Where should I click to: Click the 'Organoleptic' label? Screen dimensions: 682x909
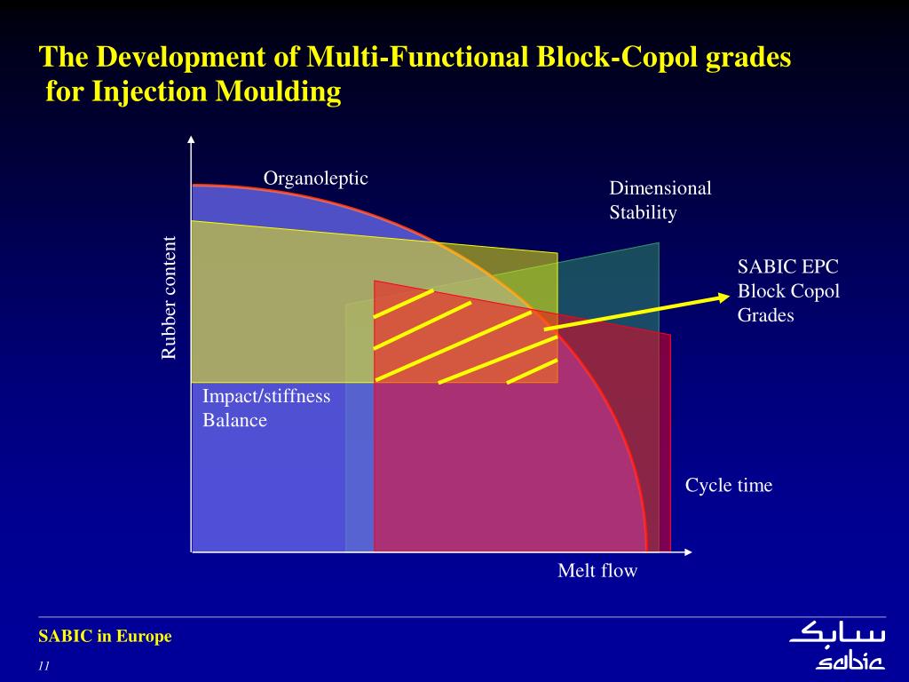pos(315,178)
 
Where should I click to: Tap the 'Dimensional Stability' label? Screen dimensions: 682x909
pos(660,200)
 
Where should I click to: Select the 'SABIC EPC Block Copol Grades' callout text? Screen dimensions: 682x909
pos(788,290)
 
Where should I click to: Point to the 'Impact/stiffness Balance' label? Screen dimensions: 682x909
pos(266,408)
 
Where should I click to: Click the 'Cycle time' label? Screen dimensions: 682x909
pos(729,485)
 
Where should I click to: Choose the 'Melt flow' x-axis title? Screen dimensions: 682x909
pos(597,570)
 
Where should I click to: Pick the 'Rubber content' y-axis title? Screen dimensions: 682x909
pos(169,297)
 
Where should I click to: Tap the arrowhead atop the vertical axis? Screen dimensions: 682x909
pos(191,139)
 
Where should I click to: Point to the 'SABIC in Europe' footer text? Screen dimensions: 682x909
pos(105,636)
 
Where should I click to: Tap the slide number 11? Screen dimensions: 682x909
pos(43,667)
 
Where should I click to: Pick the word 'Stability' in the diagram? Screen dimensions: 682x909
pos(643,212)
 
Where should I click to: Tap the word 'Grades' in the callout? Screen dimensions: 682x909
pos(765,314)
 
